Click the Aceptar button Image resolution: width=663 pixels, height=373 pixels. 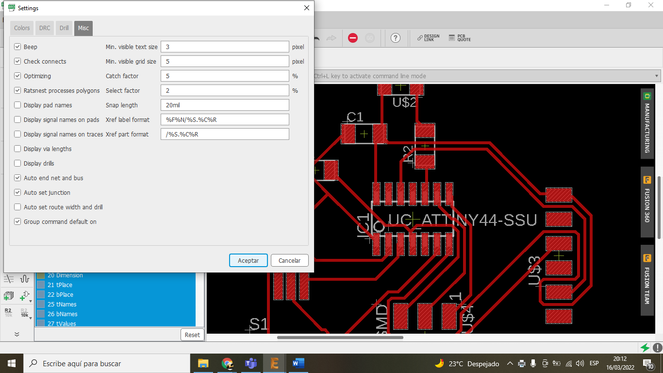pyautogui.click(x=248, y=260)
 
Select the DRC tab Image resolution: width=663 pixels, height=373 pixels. pyautogui.click(x=45, y=28)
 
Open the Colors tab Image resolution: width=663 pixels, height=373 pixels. pyautogui.click(x=22, y=28)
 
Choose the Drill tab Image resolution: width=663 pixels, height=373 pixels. pyautogui.click(x=64, y=28)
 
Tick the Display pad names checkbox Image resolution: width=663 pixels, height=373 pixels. pyautogui.click(x=18, y=105)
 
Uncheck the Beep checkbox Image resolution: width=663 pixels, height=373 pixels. pyautogui.click(x=18, y=47)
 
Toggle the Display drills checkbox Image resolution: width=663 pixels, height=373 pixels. pyautogui.click(x=18, y=163)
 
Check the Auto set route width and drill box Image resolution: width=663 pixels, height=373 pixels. pyautogui.click(x=18, y=207)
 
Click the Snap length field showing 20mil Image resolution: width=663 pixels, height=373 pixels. pyautogui.click(x=225, y=105)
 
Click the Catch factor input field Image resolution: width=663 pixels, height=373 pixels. pyautogui.click(x=225, y=76)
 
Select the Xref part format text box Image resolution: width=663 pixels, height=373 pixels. pyautogui.click(x=225, y=134)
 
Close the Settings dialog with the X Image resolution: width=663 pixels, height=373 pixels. pyautogui.click(x=306, y=8)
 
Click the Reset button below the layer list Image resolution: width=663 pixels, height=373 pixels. pyautogui.click(x=192, y=335)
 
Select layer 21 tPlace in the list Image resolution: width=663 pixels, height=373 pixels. pyautogui.click(x=60, y=285)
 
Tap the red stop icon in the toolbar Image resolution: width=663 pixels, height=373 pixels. pyautogui.click(x=353, y=38)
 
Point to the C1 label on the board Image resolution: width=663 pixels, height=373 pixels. pyautogui.click(x=355, y=117)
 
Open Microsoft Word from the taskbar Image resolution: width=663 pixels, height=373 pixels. pyautogui.click(x=298, y=363)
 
